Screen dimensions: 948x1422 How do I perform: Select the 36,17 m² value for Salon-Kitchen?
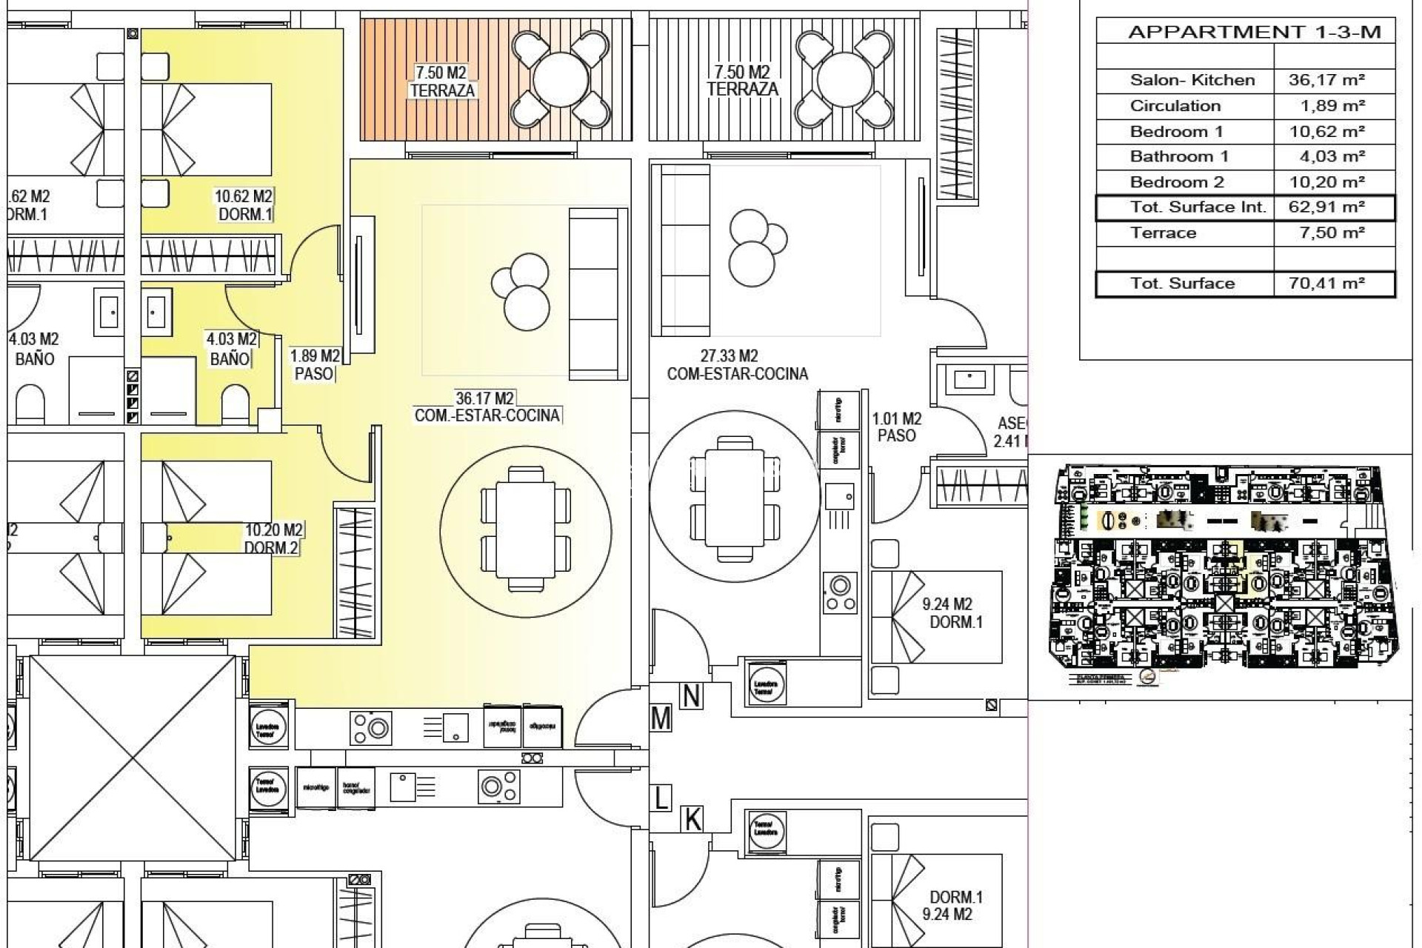(x=1326, y=80)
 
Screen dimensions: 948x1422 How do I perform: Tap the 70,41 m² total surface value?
(x=1326, y=283)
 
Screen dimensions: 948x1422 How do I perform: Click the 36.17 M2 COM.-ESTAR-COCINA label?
(x=487, y=407)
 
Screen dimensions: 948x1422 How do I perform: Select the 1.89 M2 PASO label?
(x=314, y=365)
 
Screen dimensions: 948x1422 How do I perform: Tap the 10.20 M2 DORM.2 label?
(x=273, y=539)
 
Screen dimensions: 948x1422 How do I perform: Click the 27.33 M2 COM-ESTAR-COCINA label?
(x=736, y=365)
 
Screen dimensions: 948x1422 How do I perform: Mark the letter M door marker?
(x=661, y=718)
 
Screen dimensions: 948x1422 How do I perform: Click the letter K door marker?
(x=692, y=820)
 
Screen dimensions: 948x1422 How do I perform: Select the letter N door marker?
(x=691, y=696)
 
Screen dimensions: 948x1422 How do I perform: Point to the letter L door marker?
(x=661, y=798)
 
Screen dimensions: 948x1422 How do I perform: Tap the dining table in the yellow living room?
(x=525, y=530)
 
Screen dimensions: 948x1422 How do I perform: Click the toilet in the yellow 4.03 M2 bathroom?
(x=236, y=404)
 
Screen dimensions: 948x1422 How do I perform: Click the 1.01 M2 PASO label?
(x=896, y=427)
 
